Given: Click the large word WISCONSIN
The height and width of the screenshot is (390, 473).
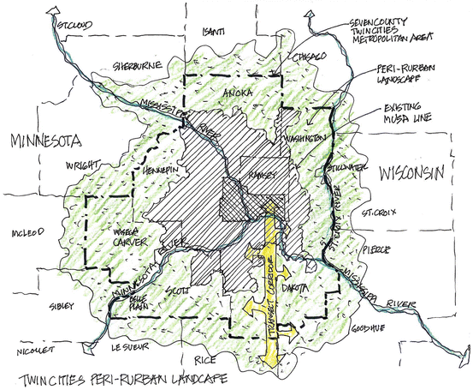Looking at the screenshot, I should click(412, 172).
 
